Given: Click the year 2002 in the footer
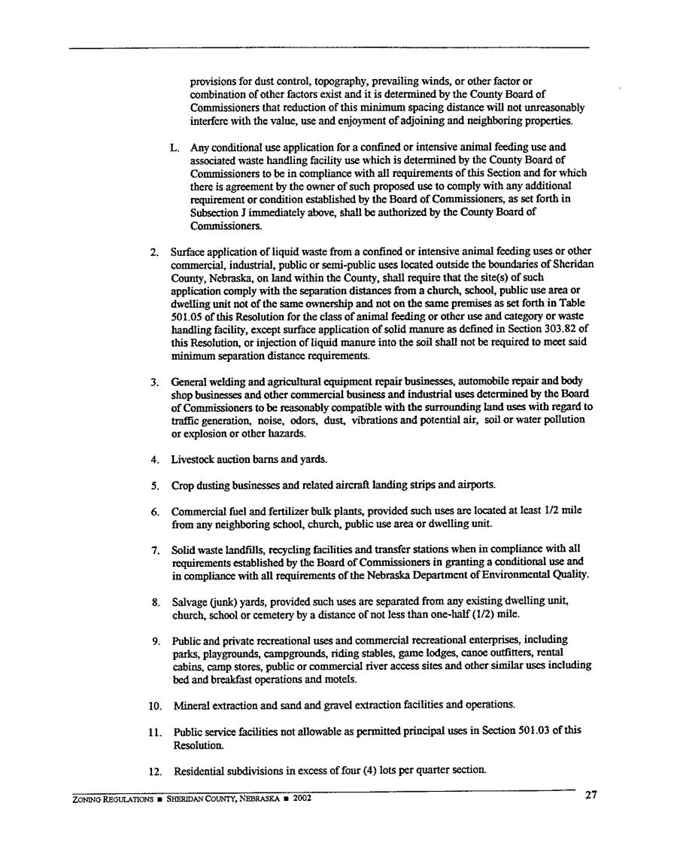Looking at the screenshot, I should [x=300, y=799].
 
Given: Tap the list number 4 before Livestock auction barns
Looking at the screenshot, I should [x=153, y=459].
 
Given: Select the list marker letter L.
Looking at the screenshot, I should [x=175, y=148].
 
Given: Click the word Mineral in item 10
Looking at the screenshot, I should [x=193, y=705].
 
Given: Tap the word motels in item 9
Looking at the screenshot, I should [x=339, y=679].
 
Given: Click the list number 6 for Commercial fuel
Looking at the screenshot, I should [x=153, y=511].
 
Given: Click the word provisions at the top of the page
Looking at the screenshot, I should [x=213, y=80].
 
